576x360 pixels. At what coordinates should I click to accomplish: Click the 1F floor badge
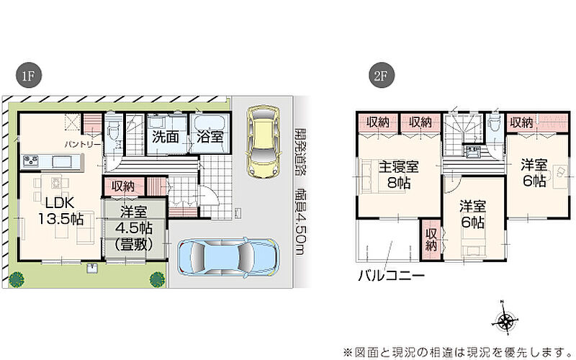click(28, 76)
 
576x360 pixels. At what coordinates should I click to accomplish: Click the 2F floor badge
click(381, 76)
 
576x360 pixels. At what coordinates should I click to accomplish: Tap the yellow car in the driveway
click(263, 141)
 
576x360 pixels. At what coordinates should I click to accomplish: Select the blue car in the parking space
click(228, 256)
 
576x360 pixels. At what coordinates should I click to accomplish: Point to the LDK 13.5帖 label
click(60, 210)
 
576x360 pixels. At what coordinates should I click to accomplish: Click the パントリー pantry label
click(82, 144)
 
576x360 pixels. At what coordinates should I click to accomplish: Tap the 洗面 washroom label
click(166, 137)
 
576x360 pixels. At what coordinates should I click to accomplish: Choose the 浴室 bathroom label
click(210, 137)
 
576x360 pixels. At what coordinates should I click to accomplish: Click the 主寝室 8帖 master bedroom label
click(399, 174)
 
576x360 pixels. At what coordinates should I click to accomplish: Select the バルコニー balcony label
click(391, 275)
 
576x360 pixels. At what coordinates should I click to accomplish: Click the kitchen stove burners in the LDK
click(31, 161)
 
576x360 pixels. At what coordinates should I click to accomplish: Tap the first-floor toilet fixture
click(113, 127)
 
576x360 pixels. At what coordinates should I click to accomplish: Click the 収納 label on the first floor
click(123, 186)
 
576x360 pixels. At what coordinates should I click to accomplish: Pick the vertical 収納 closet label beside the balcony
click(431, 240)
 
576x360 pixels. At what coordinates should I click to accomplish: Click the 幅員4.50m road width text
click(300, 222)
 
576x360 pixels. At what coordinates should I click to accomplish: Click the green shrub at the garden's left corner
click(17, 279)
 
